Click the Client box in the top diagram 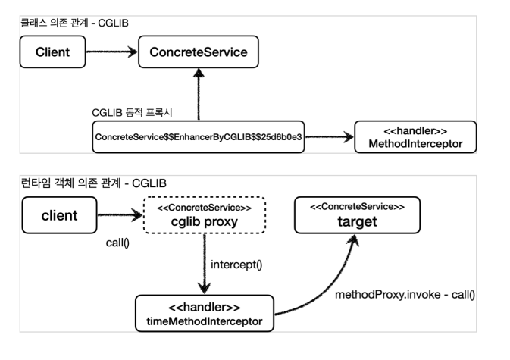pos(53,53)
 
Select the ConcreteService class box pos(199,53)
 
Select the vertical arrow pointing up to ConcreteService pos(199,95)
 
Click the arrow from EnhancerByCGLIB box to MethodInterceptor pos(330,137)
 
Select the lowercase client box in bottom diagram pos(58,215)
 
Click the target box pos(355,214)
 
